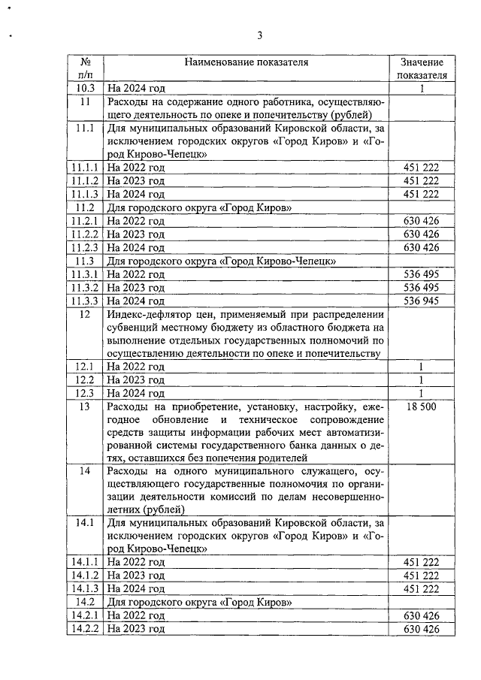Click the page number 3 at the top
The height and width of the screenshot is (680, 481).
pyautogui.click(x=259, y=35)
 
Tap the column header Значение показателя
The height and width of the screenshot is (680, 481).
pyautogui.click(x=422, y=69)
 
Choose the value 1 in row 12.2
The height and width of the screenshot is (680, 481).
pyautogui.click(x=422, y=380)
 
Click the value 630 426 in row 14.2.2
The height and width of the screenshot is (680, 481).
pyautogui.click(x=422, y=629)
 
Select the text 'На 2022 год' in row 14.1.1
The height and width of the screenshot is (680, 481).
pyautogui.click(x=136, y=562)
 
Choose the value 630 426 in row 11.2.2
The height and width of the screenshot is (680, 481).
pyautogui.click(x=422, y=234)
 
